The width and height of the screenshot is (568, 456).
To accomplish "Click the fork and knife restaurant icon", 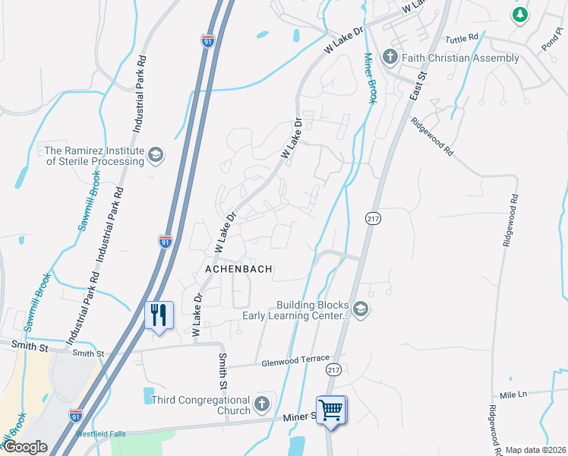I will (x=159, y=315).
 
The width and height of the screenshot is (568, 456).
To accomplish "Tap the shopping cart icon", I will (x=331, y=410).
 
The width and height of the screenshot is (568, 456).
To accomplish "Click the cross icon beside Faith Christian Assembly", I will (x=390, y=57).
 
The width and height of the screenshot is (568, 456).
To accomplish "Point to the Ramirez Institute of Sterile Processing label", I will (x=95, y=156).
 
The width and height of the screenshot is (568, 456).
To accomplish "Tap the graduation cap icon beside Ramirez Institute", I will (x=156, y=156).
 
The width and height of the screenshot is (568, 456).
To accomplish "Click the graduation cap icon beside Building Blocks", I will (x=360, y=309).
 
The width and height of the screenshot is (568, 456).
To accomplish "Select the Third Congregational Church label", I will (x=200, y=405).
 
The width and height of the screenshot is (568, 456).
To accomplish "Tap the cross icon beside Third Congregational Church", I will (x=262, y=404).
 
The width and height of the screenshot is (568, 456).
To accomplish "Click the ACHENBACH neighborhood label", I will (x=237, y=269).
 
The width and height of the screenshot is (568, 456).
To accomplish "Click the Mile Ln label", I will (x=513, y=394).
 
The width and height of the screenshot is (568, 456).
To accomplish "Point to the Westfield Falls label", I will (x=100, y=435).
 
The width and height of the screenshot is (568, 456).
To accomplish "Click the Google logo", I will (x=24, y=447).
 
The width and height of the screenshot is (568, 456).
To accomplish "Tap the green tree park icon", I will (x=520, y=14).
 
